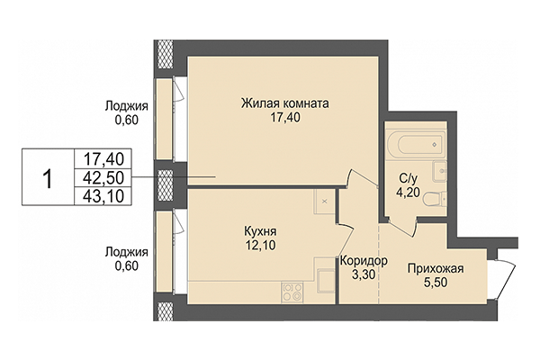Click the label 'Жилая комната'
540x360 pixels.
[284, 103]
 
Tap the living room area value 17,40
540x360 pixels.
[284, 118]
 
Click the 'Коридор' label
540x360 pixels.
[364, 262]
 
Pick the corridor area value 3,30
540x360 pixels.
[364, 276]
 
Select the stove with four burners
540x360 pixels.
[292, 291]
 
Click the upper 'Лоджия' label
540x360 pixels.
[127, 105]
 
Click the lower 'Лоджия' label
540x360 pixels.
[127, 254]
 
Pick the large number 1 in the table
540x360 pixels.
[47, 175]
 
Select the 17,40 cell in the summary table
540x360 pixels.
[103, 157]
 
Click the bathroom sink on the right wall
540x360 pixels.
[438, 171]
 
